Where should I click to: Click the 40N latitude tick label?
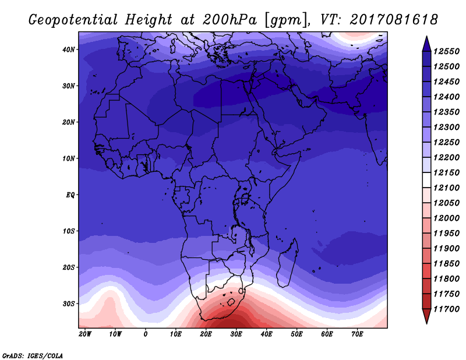[x=69, y=50]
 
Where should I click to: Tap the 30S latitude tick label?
[x=69, y=303]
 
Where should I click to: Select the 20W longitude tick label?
[x=84, y=334]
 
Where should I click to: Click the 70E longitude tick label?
[x=357, y=334]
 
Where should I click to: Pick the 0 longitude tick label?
[x=145, y=334]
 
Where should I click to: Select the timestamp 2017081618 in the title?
[x=394, y=19]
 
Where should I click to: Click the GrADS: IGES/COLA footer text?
[x=33, y=354]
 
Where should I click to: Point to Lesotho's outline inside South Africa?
[x=231, y=302]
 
